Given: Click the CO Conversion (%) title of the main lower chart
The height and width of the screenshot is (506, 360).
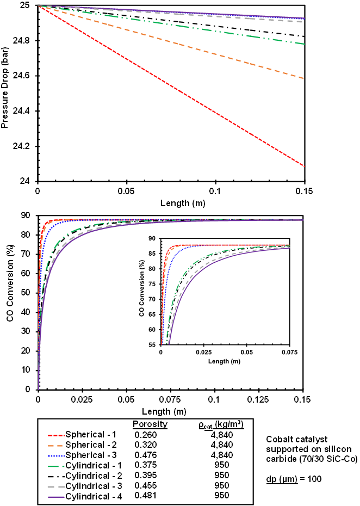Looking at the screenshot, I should (x=10, y=304).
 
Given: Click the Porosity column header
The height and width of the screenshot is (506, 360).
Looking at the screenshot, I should (x=150, y=424).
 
